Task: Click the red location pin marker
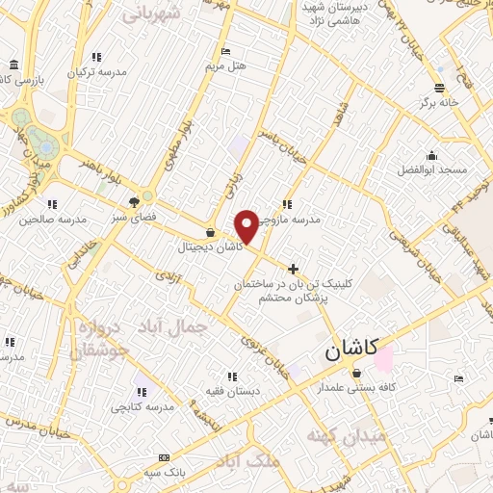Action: [x=247, y=226]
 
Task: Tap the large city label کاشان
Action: [x=347, y=351]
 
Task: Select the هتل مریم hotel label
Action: [x=226, y=67]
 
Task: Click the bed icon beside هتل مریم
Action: [x=225, y=52]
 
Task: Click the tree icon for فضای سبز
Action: [x=134, y=202]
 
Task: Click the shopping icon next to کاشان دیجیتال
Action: [x=210, y=232]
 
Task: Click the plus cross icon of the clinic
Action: [x=294, y=269]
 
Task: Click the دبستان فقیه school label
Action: [x=229, y=391]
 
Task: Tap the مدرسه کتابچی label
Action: [x=142, y=407]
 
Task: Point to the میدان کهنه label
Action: [x=348, y=436]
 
